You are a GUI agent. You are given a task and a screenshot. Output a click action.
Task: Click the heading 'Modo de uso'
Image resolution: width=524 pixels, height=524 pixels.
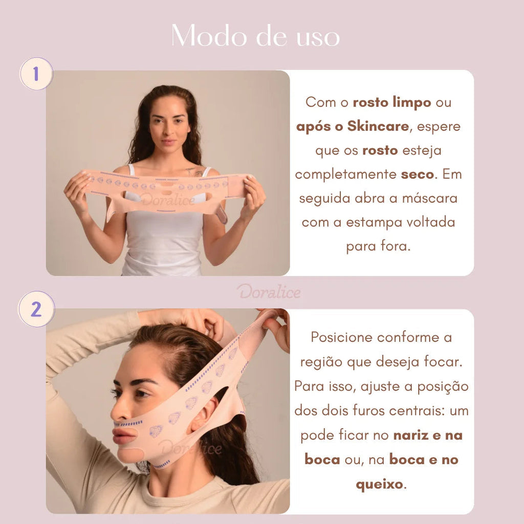point(256,36)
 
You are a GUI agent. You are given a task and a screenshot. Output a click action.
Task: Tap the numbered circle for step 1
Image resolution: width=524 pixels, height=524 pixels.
point(36,74)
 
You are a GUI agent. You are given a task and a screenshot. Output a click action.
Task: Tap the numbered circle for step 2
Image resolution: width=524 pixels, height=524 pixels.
point(36,309)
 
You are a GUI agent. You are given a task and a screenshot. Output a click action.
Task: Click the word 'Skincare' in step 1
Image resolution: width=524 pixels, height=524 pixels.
point(378,126)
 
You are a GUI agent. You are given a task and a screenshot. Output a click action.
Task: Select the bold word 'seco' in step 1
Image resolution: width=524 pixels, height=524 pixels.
point(417,174)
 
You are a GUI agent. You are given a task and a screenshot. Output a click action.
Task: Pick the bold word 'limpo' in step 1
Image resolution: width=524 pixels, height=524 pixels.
point(412,102)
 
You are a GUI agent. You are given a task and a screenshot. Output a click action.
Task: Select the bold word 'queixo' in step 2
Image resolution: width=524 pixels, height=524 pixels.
point(379,484)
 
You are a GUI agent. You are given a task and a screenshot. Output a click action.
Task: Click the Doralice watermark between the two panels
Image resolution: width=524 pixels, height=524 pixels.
point(269,292)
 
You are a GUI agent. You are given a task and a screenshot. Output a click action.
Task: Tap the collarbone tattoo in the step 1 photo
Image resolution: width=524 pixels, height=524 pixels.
point(194,171)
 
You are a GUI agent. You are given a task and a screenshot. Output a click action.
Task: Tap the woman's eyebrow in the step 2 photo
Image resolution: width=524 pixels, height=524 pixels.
point(134,382)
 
